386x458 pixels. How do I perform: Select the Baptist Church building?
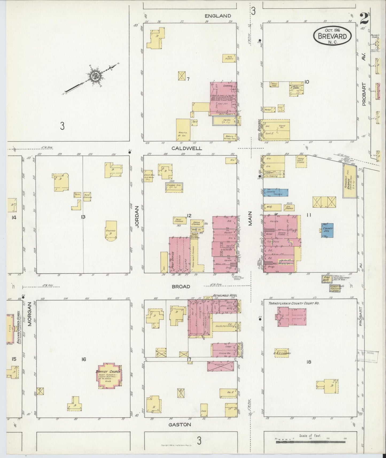click(x=109, y=375)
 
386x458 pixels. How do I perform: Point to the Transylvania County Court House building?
click(x=291, y=317)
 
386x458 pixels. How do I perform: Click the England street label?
click(x=217, y=16)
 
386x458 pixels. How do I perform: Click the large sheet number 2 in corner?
click(x=364, y=19)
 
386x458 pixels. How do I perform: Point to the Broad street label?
click(x=181, y=286)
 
